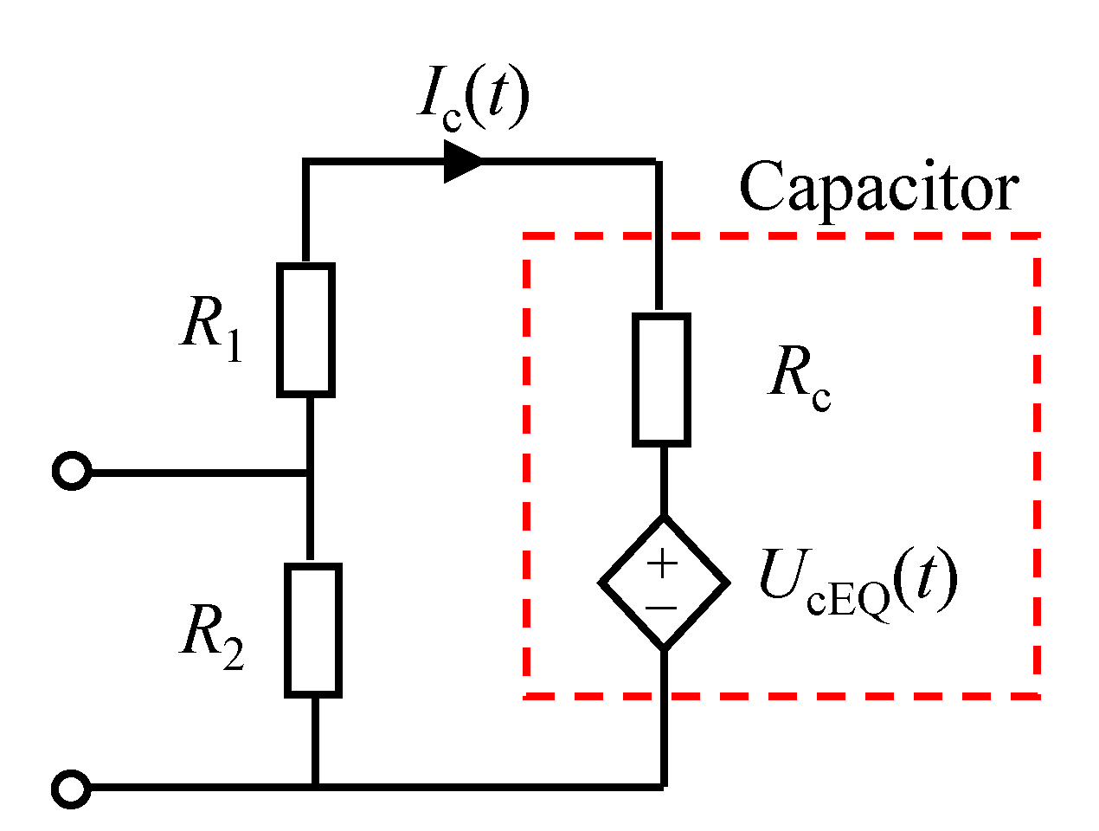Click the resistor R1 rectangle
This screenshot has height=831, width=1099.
(x=305, y=330)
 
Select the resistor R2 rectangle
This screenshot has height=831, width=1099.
(x=313, y=630)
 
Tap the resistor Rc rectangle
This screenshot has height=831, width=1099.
(x=662, y=380)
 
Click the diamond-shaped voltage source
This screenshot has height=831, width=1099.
(x=664, y=583)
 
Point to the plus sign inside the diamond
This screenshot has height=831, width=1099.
(x=662, y=564)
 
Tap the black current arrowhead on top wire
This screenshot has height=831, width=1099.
(x=462, y=161)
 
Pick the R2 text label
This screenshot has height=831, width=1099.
(x=212, y=636)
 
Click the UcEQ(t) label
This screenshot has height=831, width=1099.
(x=857, y=582)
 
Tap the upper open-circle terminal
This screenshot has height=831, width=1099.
(x=71, y=472)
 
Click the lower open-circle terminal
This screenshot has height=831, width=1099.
(x=71, y=789)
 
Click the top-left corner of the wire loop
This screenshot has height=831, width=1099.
(x=305, y=162)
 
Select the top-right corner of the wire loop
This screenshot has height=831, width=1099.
(x=659, y=162)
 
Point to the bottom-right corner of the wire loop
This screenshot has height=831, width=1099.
(x=664, y=786)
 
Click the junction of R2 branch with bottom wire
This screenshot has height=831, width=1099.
(x=315, y=786)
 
